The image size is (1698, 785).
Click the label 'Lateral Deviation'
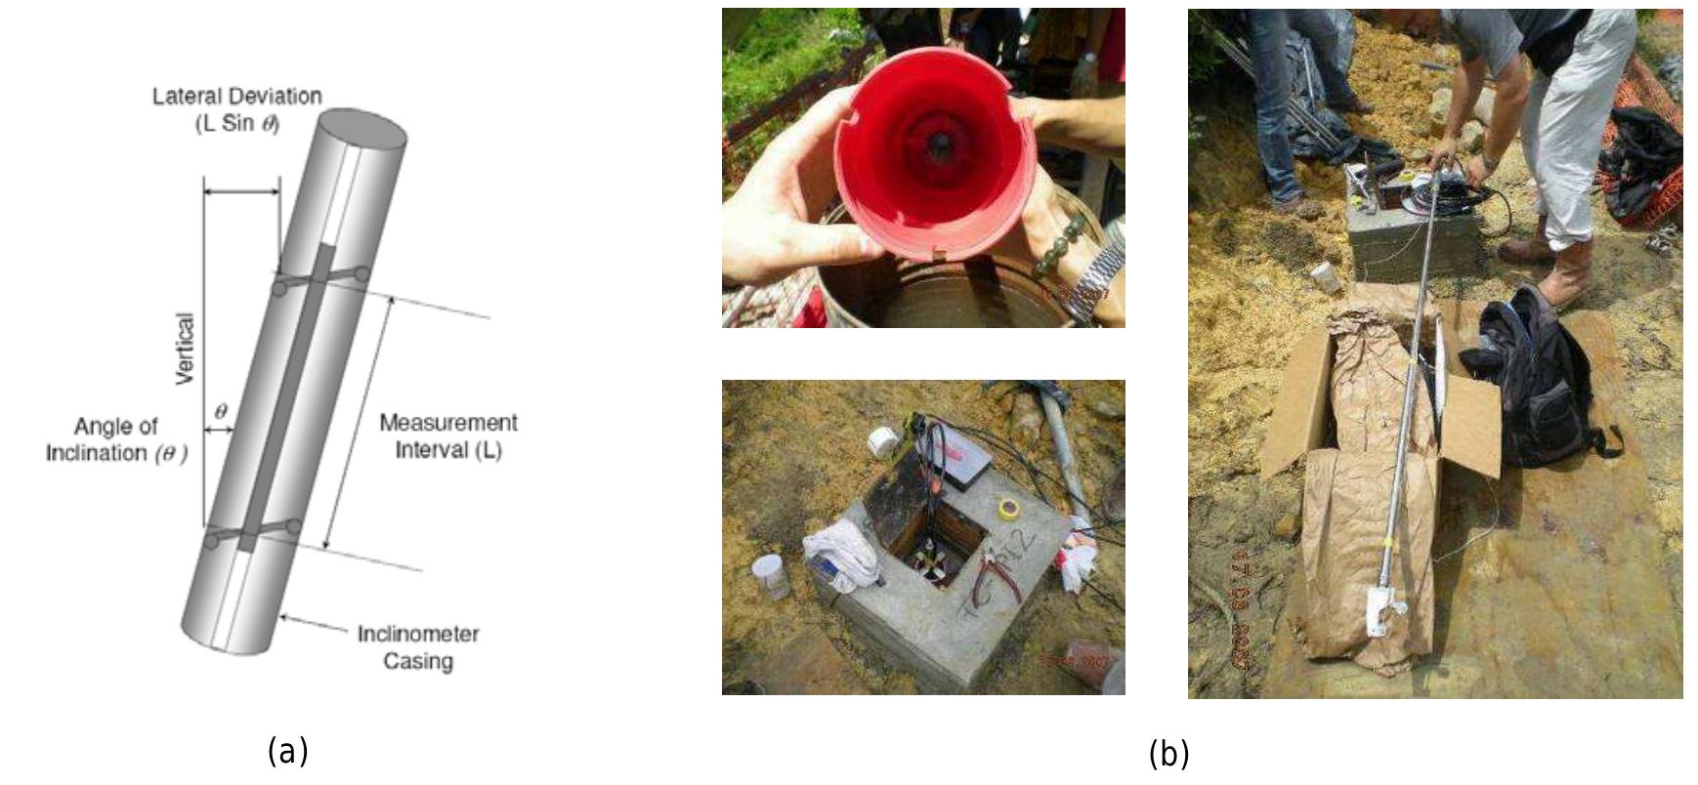[x=237, y=97]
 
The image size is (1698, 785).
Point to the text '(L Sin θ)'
[x=237, y=124]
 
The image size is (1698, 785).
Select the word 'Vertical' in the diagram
[x=186, y=349]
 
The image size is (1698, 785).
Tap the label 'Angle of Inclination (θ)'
[x=116, y=439]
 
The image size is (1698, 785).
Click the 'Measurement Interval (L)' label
[x=448, y=435]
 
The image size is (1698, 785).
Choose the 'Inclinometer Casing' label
[x=418, y=646]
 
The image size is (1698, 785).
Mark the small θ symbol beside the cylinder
[x=221, y=412]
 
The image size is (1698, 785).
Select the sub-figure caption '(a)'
[x=287, y=751]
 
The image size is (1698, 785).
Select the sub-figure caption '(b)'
[x=1168, y=754]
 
